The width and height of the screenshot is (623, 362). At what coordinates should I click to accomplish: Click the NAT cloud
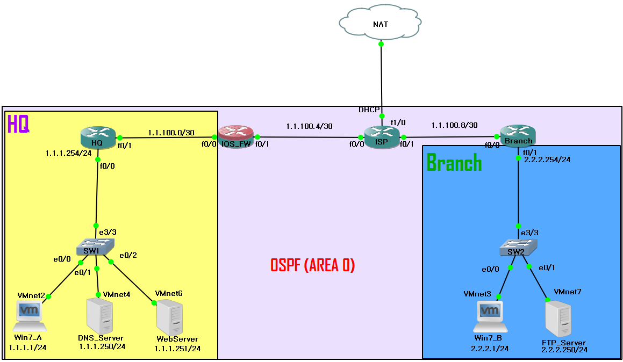click(380, 23)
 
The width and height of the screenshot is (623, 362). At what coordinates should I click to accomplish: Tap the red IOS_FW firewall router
click(236, 136)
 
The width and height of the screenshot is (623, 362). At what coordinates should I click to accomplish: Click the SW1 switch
click(95, 247)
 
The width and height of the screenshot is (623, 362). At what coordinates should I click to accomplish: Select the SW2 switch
click(518, 247)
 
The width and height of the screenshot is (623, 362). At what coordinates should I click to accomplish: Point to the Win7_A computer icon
click(30, 316)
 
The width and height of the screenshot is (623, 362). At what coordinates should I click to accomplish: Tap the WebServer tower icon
click(170, 318)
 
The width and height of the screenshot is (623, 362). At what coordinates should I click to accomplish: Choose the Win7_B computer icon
click(490, 317)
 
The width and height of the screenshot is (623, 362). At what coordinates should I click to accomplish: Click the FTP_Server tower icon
click(558, 318)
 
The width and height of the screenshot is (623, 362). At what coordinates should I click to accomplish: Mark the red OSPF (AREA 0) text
click(313, 265)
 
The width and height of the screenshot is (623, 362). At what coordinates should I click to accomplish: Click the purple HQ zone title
click(18, 124)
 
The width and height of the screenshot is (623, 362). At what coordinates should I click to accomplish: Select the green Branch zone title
click(454, 163)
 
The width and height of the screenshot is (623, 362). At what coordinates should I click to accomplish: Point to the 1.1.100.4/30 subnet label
click(310, 126)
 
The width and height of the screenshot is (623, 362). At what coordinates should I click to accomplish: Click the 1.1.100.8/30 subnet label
click(455, 125)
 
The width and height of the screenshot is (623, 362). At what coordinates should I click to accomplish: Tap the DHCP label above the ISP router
click(369, 110)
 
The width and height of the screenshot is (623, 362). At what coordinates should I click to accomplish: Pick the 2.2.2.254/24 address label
click(547, 160)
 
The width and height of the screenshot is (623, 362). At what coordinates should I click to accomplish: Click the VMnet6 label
click(169, 293)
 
